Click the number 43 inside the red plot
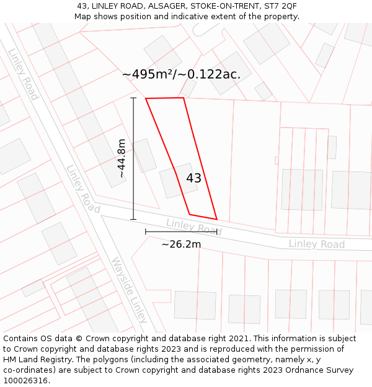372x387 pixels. click(193, 178)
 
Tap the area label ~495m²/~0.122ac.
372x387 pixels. click(181, 74)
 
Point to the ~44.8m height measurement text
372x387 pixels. click(122, 159)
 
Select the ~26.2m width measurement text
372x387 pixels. click(181, 244)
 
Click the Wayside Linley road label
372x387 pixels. click(130, 290)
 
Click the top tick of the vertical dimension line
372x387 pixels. click(133, 98)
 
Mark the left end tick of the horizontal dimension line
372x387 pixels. click(146, 232)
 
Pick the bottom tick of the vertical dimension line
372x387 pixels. click(133, 219)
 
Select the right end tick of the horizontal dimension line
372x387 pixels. click(217, 232)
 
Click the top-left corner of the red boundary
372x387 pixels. click(146, 98)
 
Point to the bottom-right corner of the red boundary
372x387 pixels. click(216, 219)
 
